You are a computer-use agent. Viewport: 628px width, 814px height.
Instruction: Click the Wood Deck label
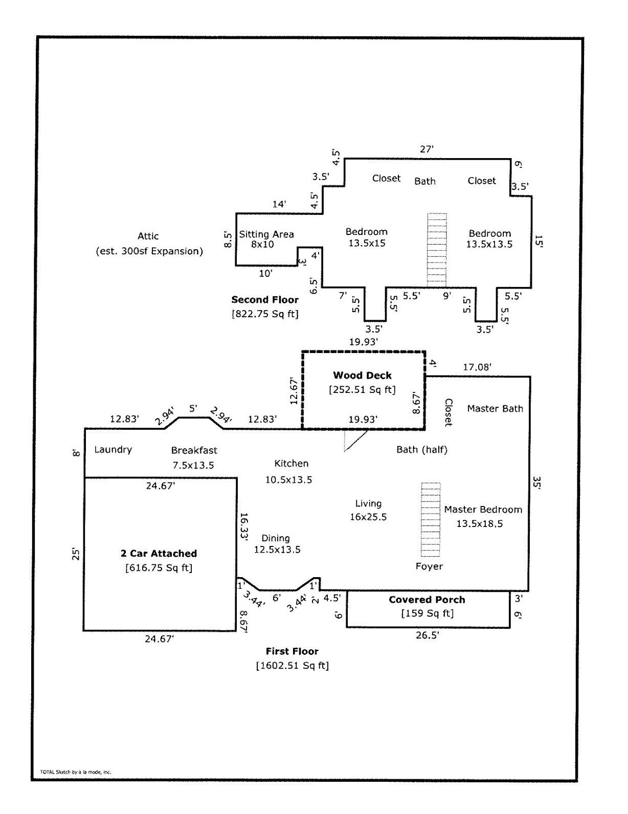[362, 376]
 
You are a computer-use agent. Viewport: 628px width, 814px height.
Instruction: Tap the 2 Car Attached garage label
[159, 554]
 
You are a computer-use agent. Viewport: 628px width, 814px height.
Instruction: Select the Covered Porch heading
[427, 600]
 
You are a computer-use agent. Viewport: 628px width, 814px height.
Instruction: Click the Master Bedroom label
[483, 510]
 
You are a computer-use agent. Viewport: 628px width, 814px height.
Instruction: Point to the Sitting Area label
[266, 234]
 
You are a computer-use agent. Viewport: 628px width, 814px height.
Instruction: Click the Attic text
[148, 236]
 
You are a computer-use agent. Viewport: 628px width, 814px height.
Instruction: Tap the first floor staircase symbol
[430, 519]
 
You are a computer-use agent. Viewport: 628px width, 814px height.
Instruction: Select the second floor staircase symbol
[437, 250]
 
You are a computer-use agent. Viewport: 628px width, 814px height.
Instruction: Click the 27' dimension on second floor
[427, 149]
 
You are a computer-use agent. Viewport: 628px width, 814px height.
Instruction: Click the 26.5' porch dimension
[428, 635]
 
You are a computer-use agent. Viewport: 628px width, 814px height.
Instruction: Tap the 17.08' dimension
[477, 367]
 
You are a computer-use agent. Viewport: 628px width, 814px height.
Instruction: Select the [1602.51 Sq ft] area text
[292, 666]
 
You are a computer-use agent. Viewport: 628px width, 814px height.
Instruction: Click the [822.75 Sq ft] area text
[265, 314]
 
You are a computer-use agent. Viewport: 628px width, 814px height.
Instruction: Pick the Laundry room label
[113, 450]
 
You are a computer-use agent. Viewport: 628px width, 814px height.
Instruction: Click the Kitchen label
[291, 464]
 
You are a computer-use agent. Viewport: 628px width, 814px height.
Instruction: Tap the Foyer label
[429, 566]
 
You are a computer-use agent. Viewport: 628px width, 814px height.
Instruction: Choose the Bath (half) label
[422, 450]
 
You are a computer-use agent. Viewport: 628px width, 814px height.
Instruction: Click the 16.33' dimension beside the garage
[243, 526]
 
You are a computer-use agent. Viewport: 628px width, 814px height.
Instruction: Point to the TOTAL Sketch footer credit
[75, 772]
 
